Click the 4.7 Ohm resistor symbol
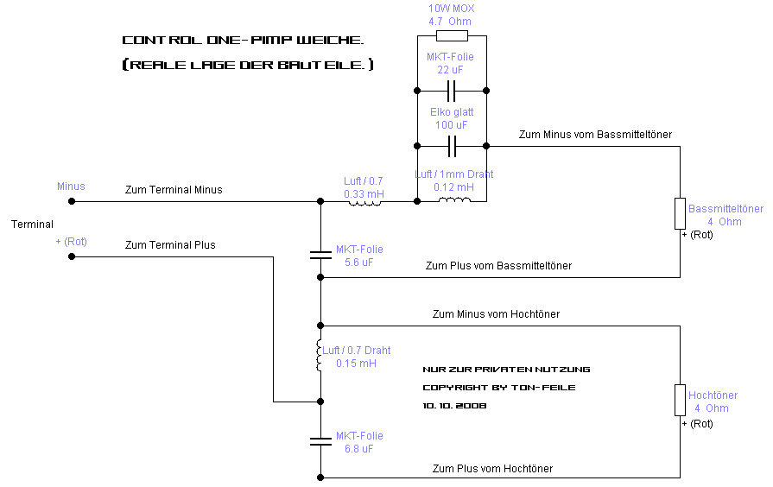point(452,35)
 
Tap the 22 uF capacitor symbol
point(452,91)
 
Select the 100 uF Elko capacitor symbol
point(452,147)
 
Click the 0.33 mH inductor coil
point(364,202)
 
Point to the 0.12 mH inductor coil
point(454,199)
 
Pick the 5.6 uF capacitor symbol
point(320,255)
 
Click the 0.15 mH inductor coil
point(319,355)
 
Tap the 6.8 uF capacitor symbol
point(320,441)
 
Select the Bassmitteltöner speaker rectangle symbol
point(680,213)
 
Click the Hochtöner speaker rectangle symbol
point(680,401)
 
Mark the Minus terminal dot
point(72,201)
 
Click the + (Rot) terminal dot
point(72,256)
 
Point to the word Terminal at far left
point(32,225)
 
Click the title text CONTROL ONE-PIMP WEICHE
point(243,40)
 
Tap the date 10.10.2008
point(454,406)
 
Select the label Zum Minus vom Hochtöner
point(496,314)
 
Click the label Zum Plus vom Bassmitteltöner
point(498,266)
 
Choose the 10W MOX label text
point(451,9)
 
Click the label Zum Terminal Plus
point(170,245)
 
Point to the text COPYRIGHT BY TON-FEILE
point(499,388)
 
